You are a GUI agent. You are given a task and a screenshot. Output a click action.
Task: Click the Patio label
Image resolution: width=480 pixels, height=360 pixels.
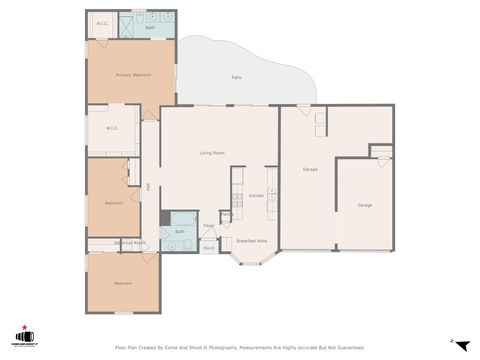[x=236, y=77]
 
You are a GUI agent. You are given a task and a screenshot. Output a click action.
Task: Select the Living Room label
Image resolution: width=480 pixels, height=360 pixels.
[x=211, y=153]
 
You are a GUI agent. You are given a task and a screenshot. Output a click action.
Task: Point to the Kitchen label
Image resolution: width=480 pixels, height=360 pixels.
[x=256, y=195]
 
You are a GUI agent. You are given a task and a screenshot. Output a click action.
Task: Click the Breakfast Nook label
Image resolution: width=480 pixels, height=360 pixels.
[x=251, y=241]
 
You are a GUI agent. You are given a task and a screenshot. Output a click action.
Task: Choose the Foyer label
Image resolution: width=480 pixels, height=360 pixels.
[x=209, y=226]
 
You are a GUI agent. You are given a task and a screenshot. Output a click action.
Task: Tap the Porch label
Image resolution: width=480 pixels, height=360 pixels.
[x=209, y=247]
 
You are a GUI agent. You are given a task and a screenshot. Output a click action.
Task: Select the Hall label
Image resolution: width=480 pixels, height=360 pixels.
[x=148, y=186]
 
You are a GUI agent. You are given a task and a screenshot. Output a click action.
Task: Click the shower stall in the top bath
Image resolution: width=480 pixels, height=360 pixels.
[x=129, y=25]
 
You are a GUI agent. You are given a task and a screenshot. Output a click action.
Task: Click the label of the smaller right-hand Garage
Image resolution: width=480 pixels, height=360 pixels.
[x=365, y=205]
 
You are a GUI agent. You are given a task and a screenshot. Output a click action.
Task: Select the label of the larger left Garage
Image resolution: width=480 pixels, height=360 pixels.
[x=310, y=170]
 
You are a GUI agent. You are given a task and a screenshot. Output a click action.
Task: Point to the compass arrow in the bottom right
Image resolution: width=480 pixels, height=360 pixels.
[x=461, y=345]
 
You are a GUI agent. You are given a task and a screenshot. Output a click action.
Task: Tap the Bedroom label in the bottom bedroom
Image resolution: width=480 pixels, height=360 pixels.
[x=123, y=283]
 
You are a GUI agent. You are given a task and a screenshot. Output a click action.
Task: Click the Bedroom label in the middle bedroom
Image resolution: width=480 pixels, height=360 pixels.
[x=114, y=203]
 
